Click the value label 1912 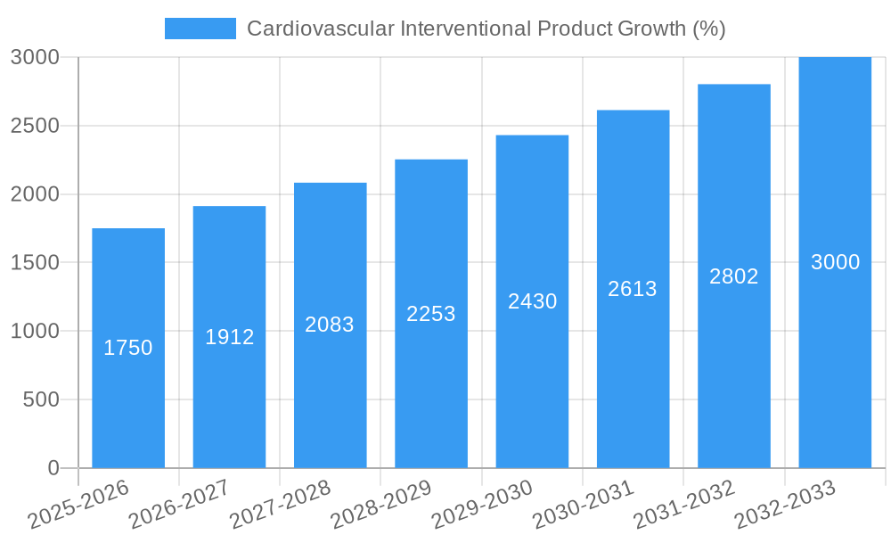click(x=230, y=337)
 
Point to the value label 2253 click(x=431, y=314)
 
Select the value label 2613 click(x=633, y=289)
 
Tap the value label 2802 click(x=734, y=276)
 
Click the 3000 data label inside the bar click(x=835, y=262)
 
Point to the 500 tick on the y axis click(x=40, y=399)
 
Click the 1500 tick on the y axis click(x=35, y=263)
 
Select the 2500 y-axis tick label click(x=35, y=126)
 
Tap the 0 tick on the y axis click(x=53, y=468)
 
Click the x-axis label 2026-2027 click(x=179, y=505)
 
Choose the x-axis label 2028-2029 click(x=381, y=505)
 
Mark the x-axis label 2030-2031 click(x=584, y=505)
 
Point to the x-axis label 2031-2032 click(x=684, y=505)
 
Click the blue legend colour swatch click(x=200, y=29)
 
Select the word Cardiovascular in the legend click(x=320, y=29)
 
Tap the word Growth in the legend click(x=651, y=29)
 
